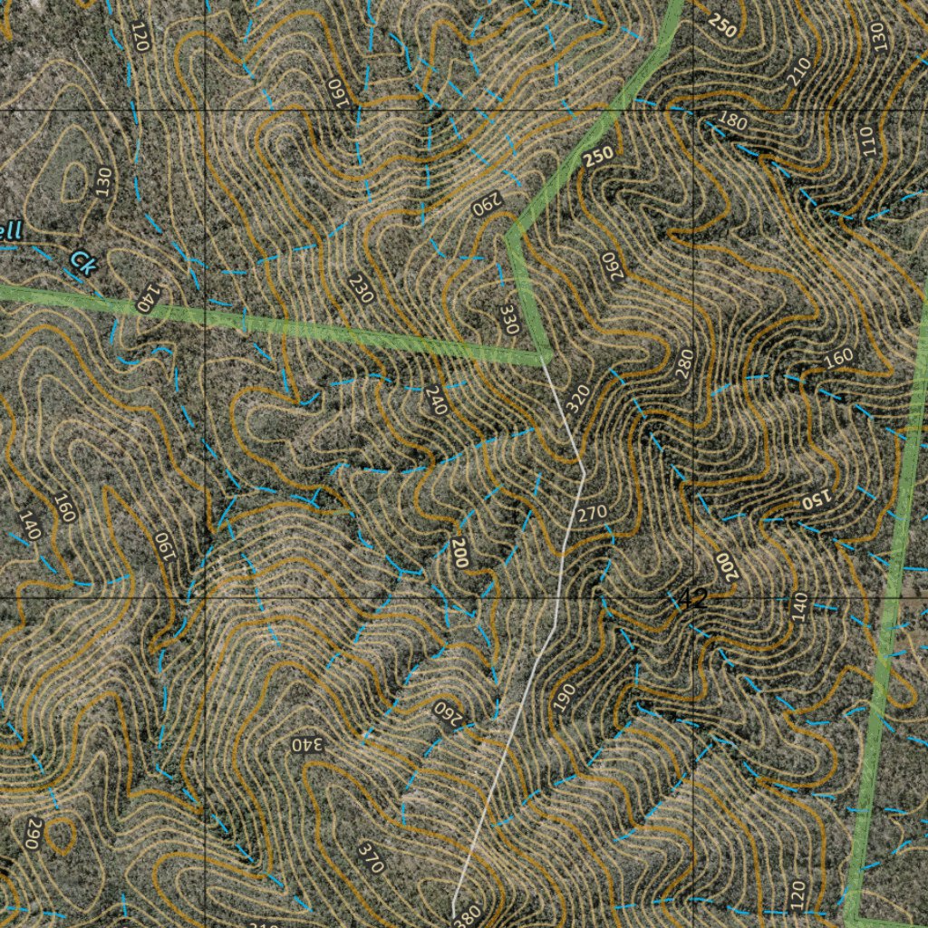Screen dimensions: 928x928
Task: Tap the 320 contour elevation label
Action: pyautogui.click(x=578, y=400)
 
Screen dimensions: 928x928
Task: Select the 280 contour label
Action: pyautogui.click(x=684, y=363)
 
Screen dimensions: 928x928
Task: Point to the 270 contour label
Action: pyautogui.click(x=592, y=513)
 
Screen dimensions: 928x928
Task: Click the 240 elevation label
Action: pyautogui.click(x=435, y=401)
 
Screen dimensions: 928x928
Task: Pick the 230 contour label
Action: pyautogui.click(x=361, y=288)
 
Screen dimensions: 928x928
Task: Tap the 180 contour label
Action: pyautogui.click(x=732, y=121)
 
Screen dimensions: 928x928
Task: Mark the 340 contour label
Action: pyautogui.click(x=307, y=744)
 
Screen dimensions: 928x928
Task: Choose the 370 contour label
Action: pyautogui.click(x=372, y=857)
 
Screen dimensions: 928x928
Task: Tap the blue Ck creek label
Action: pyautogui.click(x=82, y=263)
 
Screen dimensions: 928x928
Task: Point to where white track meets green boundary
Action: pyautogui.click(x=545, y=355)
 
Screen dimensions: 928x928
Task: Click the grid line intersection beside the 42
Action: pyautogui.click(x=693, y=599)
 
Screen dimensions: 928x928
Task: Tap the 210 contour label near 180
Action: pyautogui.click(x=798, y=72)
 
